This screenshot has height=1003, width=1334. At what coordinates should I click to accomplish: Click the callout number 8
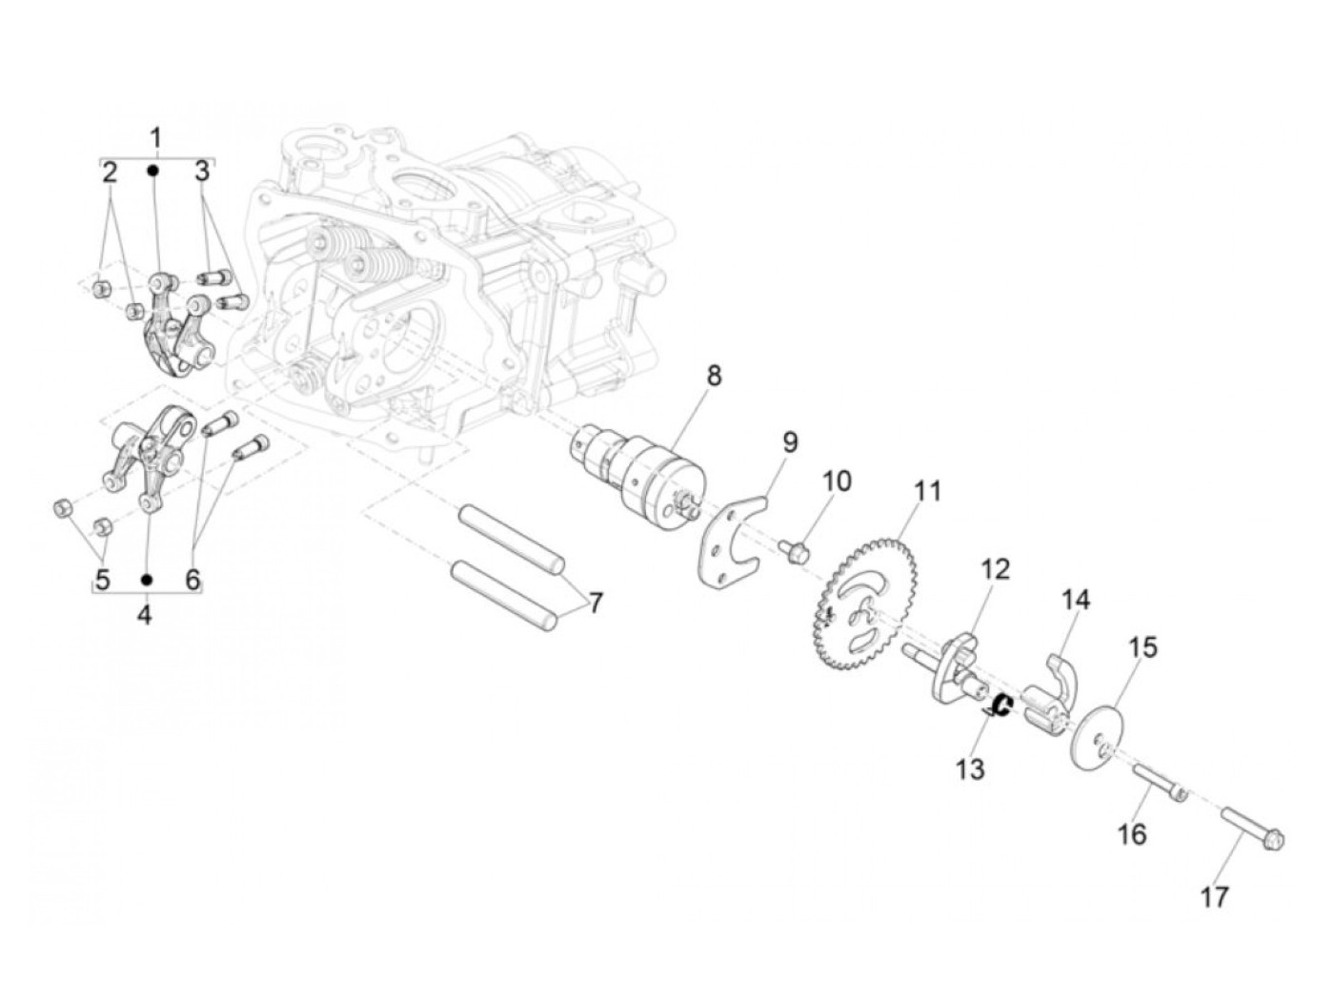pos(713,376)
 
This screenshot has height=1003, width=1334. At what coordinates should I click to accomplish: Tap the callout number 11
pos(927,492)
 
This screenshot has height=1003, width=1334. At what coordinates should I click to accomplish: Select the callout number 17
pos(1214,897)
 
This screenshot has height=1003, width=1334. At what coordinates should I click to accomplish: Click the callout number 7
pos(596,603)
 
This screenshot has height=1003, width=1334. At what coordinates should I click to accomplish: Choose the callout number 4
pos(144,615)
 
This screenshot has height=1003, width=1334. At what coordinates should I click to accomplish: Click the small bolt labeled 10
pos(796,550)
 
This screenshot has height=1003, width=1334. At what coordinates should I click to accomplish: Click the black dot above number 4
pos(147,579)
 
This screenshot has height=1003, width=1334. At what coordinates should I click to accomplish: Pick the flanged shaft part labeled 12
pos(947,667)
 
